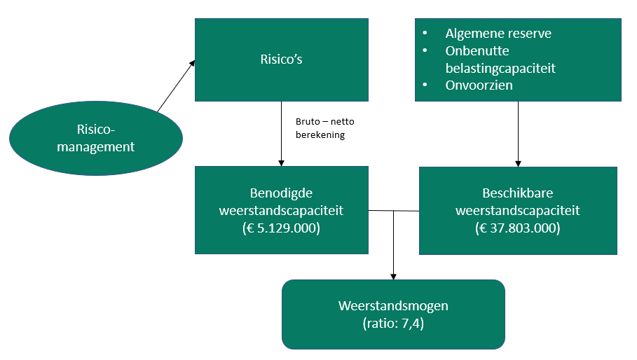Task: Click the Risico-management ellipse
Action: pyautogui.click(x=95, y=138)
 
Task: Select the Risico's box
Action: pyautogui.click(x=281, y=60)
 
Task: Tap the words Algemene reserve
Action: pyautogui.click(x=498, y=34)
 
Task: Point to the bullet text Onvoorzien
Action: pyautogui.click(x=479, y=85)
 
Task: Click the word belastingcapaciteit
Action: pyautogui.click(x=500, y=68)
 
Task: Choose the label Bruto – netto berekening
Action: pyautogui.click(x=320, y=128)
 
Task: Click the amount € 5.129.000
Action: pyautogui.click(x=281, y=228)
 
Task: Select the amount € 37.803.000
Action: pyautogui.click(x=518, y=228)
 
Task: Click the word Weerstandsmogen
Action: pyautogui.click(x=393, y=306)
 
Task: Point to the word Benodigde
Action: pyautogui.click(x=281, y=193)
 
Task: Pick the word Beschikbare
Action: pyautogui.click(x=518, y=193)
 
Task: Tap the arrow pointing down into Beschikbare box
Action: pyautogui.click(x=518, y=133)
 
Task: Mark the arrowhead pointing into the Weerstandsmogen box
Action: pyautogui.click(x=393, y=276)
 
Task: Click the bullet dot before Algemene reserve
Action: pyautogui.click(x=425, y=34)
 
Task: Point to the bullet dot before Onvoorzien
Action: pyautogui.click(x=425, y=85)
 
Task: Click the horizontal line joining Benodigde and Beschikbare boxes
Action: pyautogui.click(x=393, y=210)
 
